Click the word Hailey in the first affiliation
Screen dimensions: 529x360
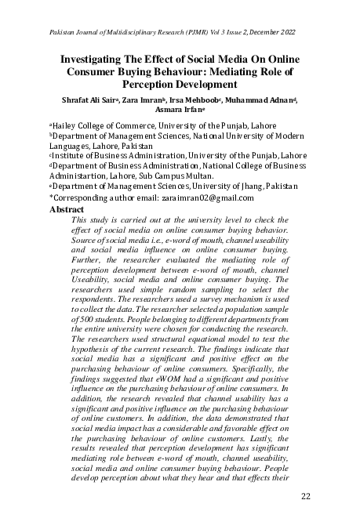click(x=66, y=125)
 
